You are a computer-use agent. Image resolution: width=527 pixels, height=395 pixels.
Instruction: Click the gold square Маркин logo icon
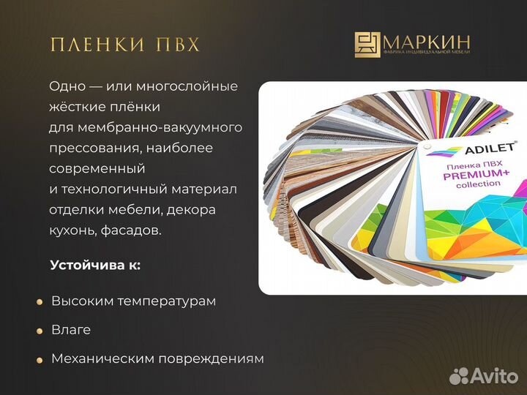coord(367,45)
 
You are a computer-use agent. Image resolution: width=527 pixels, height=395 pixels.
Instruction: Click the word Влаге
coord(71,330)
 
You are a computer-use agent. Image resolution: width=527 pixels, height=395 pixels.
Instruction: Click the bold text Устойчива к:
coord(95,265)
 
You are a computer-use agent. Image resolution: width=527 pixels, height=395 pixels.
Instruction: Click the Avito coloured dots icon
coord(459,376)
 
